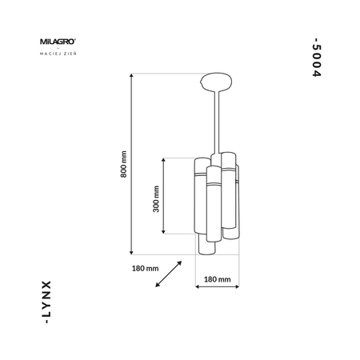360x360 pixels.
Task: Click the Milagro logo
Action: click(58, 42)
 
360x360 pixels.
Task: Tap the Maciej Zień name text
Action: click(58, 54)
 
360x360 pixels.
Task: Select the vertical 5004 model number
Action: click(317, 58)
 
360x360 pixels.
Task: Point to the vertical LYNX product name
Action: click(46, 302)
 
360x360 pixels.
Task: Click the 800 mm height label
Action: click(123, 164)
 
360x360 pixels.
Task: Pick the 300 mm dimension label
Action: click(156, 199)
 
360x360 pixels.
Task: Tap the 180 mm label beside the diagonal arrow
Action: click(145, 268)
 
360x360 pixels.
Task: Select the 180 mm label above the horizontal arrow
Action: click(218, 279)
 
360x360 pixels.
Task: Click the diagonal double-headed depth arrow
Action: click(169, 274)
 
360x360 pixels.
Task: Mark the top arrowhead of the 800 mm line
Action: click(131, 75)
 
